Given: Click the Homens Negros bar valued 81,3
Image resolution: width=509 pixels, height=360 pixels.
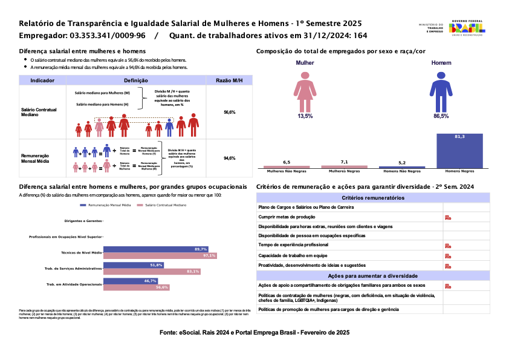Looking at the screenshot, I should tap(459, 150).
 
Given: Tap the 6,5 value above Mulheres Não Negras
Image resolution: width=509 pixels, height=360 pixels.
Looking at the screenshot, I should tap(287, 162).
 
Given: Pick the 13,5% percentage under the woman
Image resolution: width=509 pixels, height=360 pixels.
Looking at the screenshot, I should tap(305, 116).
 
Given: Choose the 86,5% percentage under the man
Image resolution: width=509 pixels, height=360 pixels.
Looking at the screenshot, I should tap(441, 116).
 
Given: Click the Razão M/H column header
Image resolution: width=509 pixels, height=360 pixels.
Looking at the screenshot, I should tap(230, 80).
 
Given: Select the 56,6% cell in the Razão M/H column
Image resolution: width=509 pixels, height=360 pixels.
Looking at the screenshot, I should tap(230, 113).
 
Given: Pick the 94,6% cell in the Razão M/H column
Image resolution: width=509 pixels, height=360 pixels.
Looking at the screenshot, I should tap(230, 158).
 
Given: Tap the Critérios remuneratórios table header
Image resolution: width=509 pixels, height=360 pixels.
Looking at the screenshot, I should tap(373, 198).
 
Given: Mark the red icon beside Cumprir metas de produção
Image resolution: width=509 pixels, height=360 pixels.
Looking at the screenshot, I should tap(447, 217).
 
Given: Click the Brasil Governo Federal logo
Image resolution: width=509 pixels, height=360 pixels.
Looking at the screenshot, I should tap(468, 28).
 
